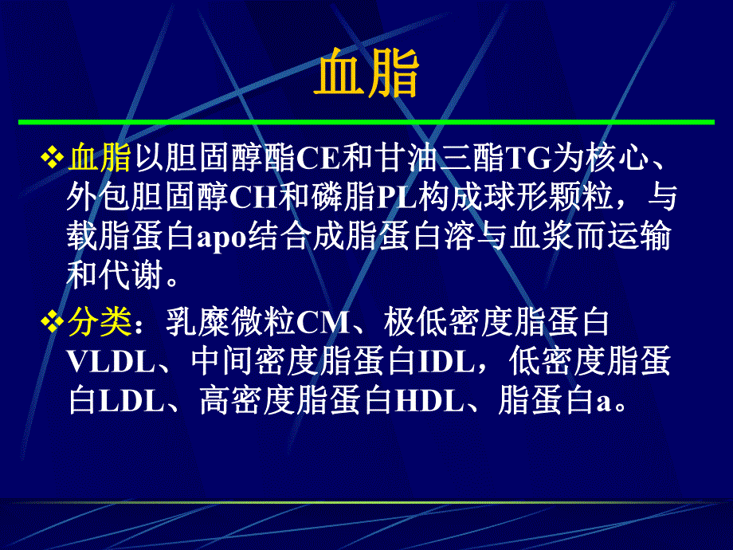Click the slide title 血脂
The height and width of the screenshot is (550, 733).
click(366, 75)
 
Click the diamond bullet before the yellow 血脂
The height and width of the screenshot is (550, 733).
click(53, 157)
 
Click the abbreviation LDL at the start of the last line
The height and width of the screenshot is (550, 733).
click(131, 401)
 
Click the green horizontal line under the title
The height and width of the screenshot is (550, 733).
click(366, 122)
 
